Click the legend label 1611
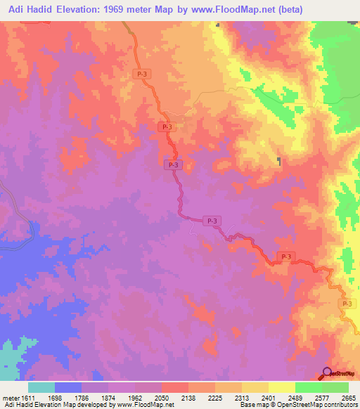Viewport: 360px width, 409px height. [25, 398]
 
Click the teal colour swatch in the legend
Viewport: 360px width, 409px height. [41, 387]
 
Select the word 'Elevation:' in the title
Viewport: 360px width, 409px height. [82, 9]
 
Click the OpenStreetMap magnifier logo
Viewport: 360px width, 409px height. [328, 372]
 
